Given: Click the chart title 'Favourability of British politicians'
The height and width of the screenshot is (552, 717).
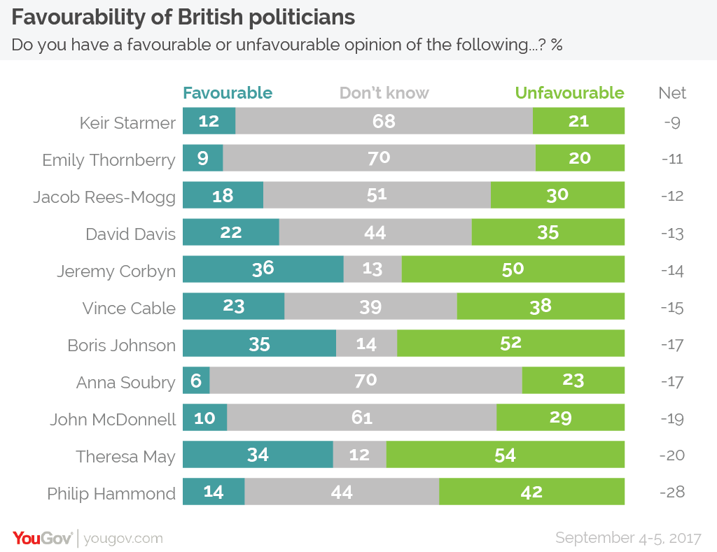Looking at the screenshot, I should tap(183, 17).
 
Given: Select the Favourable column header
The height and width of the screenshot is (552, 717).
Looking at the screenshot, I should tap(228, 93).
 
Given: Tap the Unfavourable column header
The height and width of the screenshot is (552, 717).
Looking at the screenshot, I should tap(569, 93).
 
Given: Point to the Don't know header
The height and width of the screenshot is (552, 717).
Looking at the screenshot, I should tap(384, 93).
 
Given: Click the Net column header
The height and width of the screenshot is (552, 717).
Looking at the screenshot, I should tap(672, 93).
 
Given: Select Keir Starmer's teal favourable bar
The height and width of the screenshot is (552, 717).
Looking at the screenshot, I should tap(209, 121).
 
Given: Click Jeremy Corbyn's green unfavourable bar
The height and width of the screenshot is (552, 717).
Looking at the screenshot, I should tap(513, 269).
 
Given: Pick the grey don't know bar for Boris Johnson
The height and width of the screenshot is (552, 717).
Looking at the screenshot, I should tap(366, 344).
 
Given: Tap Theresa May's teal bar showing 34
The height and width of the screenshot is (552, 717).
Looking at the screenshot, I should tap(258, 455).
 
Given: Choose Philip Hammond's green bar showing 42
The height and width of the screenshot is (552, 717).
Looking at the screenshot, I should tap(531, 492).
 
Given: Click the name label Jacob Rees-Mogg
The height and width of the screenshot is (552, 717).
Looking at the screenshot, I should tap(104, 197).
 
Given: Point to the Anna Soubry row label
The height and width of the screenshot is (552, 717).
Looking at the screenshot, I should tap(126, 382).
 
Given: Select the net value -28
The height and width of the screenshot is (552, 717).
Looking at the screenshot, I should tap(671, 492).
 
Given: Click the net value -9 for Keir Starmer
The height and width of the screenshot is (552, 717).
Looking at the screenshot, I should tap(671, 122).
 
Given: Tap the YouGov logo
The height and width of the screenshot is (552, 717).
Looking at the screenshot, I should tap(42, 538).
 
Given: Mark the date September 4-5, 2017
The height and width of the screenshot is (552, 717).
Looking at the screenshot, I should tap(628, 538).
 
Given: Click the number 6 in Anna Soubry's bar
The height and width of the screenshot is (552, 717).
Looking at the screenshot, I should tap(195, 381).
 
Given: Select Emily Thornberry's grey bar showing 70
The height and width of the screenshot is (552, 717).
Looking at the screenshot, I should tap(379, 158).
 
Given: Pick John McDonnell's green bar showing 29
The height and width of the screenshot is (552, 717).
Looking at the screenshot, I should tap(560, 418).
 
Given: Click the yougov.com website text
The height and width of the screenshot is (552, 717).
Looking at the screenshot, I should tap(123, 538).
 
